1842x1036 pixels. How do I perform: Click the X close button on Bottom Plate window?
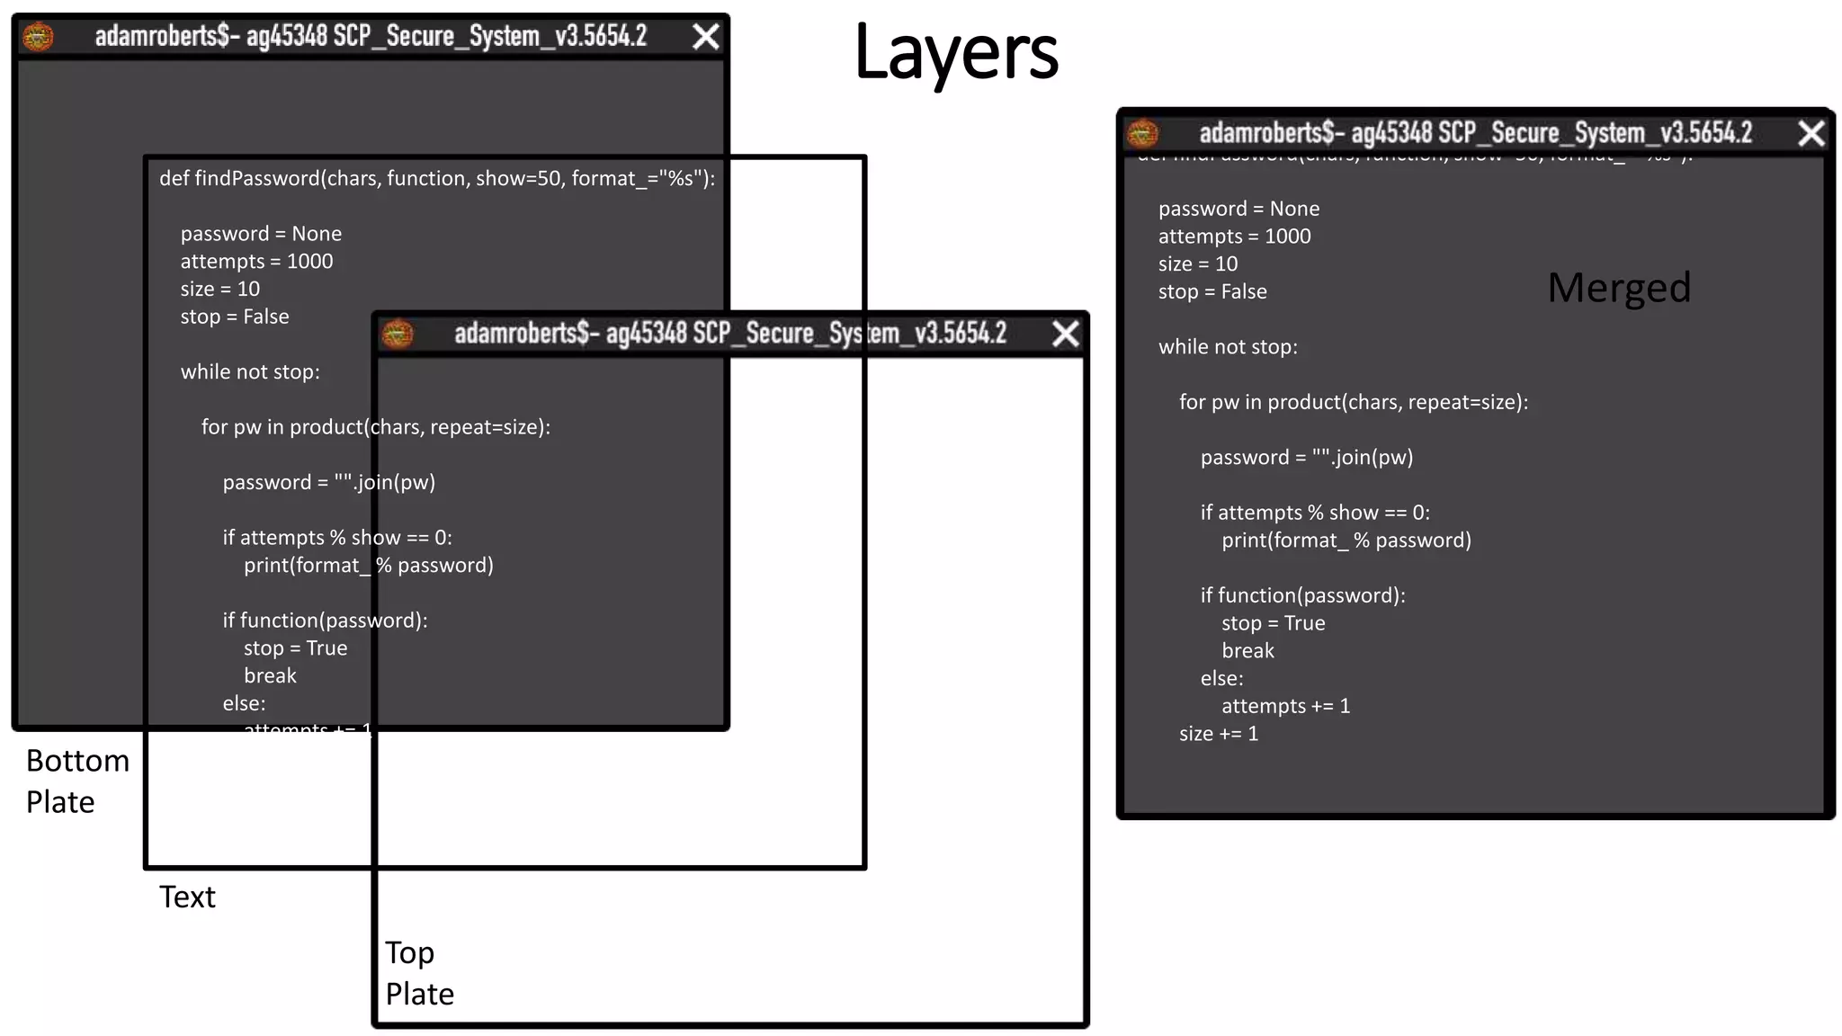pos(706,36)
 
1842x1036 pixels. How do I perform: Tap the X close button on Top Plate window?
pos(1066,334)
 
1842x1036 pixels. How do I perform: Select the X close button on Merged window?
pos(1811,133)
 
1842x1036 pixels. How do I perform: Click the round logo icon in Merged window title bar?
pos(1143,133)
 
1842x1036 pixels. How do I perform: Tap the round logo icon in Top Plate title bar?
pos(398,334)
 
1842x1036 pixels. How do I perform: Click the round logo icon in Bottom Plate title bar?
pos(38,36)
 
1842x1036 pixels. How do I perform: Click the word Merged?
pos(1619,288)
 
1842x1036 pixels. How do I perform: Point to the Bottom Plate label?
pos(76,781)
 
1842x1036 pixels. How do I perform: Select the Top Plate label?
pos(419,973)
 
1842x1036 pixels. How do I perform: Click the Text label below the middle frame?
pos(187,897)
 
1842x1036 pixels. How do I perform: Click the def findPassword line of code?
pos(437,178)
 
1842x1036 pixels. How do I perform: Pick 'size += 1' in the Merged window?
pos(1219,734)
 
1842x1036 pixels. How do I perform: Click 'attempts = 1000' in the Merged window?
pos(1234,237)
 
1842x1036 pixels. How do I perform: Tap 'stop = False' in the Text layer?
pos(235,317)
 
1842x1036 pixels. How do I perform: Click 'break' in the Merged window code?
pos(1247,650)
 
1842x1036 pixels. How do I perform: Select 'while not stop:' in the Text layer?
pos(250,371)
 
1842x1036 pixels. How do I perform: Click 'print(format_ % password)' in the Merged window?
pos(1346,540)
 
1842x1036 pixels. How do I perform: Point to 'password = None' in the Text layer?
pos(261,234)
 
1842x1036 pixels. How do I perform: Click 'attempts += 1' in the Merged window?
pos(1285,706)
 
